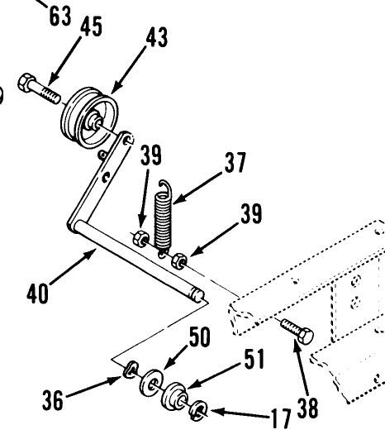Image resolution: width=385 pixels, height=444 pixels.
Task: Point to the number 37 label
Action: pyautogui.click(x=234, y=163)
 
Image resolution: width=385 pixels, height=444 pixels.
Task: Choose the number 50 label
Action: pyautogui.click(x=198, y=337)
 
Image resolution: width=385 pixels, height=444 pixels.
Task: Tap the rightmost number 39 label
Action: pyautogui.click(x=251, y=215)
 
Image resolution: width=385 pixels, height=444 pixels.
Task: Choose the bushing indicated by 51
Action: pyautogui.click(x=175, y=395)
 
